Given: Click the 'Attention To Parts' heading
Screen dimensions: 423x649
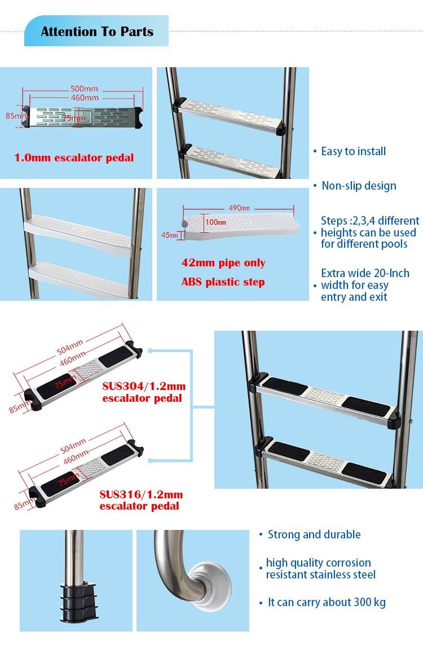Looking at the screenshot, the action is [x=97, y=32].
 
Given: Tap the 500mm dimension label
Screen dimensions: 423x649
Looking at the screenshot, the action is [x=84, y=88].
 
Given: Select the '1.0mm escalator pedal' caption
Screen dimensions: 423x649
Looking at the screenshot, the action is [x=74, y=157].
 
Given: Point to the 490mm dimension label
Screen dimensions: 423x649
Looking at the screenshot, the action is [x=239, y=207].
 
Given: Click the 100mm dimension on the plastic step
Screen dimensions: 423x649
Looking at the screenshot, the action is [x=216, y=222].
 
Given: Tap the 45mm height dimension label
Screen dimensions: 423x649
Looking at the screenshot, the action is [x=169, y=235].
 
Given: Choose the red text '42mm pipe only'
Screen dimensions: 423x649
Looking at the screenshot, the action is [x=223, y=263].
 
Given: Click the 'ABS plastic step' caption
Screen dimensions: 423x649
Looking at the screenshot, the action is [x=223, y=282].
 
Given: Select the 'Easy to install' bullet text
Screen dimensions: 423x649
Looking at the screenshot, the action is [x=353, y=151].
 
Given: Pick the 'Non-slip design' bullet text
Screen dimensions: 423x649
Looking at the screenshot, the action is [x=359, y=186].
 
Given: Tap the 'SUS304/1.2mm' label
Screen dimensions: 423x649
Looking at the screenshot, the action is [x=144, y=386].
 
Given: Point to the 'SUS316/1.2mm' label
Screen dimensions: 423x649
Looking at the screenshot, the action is [x=141, y=494].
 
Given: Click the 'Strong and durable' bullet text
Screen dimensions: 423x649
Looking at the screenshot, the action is [x=314, y=534].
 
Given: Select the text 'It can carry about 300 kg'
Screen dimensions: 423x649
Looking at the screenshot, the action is [x=327, y=602].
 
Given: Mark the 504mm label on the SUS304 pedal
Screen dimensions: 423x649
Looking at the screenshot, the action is [x=70, y=347].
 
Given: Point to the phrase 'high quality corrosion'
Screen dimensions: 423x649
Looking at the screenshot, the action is [x=319, y=563].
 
